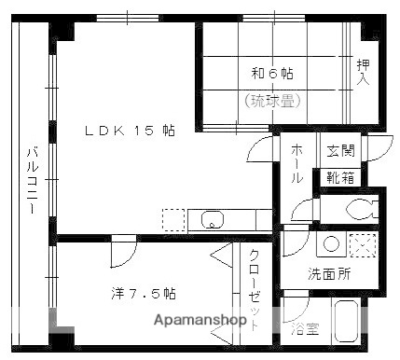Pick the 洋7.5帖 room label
pyautogui.click(x=140, y=293)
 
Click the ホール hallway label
pyautogui.click(x=297, y=164)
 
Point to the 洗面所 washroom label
pyautogui.click(x=330, y=274)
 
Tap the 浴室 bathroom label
pyautogui.click(x=304, y=328)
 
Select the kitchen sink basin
pyautogui.click(x=213, y=221)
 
